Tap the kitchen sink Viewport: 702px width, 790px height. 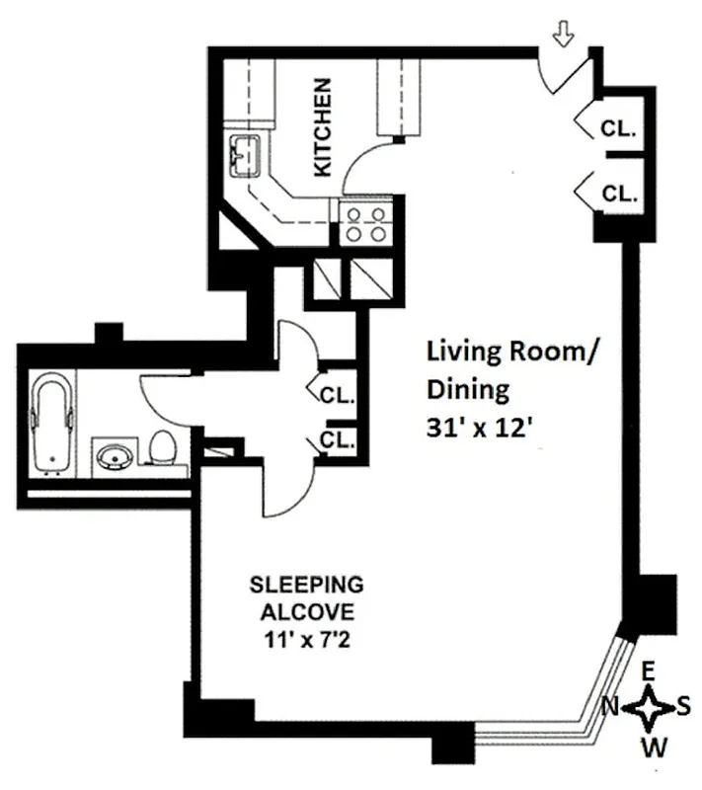tap(244, 154)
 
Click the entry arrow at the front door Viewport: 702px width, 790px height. tap(565, 37)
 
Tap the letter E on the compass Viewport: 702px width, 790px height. tap(648, 671)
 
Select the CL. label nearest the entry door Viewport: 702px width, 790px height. tap(619, 129)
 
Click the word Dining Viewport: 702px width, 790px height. tap(468, 390)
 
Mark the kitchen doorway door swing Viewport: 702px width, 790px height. tap(370, 163)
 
